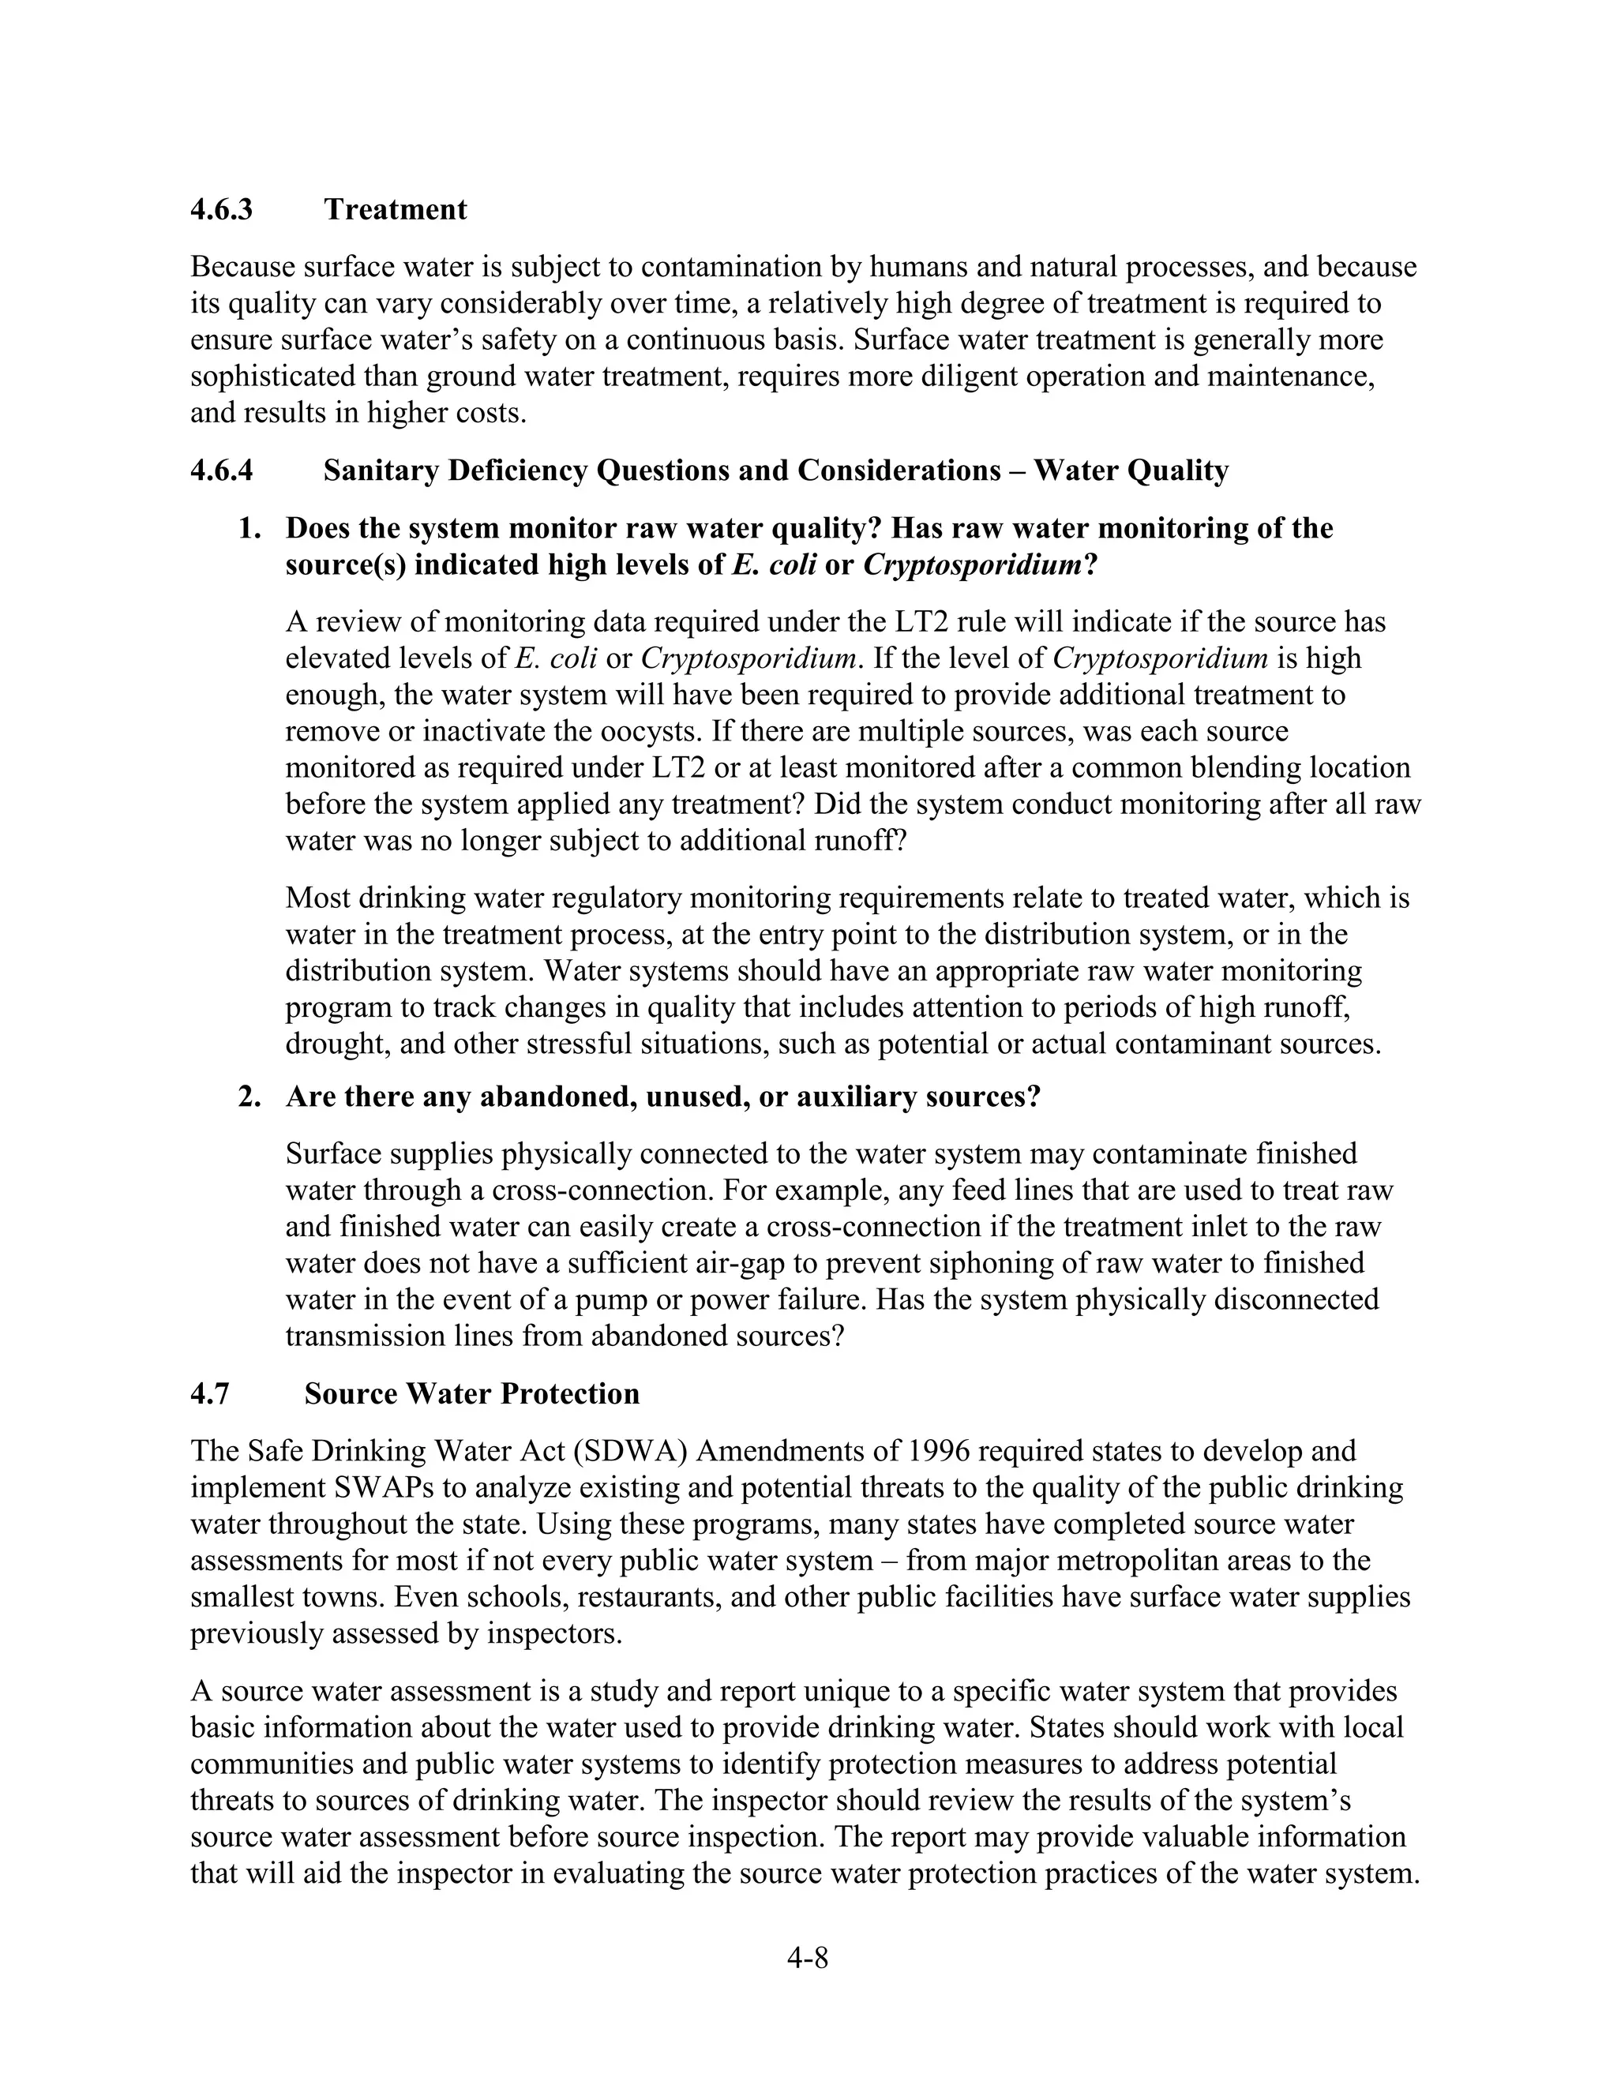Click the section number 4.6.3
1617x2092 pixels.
coord(221,209)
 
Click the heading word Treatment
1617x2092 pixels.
coord(395,209)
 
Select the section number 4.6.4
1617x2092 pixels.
coord(221,471)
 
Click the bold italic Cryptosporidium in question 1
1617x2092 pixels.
coord(972,565)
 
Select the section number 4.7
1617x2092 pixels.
coord(210,1393)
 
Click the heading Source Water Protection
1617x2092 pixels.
coord(471,1393)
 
